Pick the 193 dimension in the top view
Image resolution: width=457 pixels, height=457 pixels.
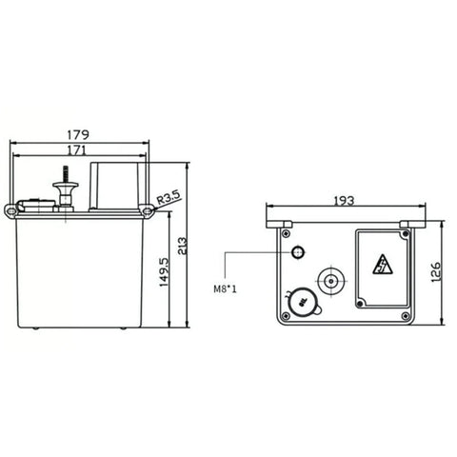[x=345, y=201]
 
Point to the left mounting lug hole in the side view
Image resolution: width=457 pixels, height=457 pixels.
[x=12, y=209]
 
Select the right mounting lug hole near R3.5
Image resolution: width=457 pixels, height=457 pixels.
[x=149, y=209]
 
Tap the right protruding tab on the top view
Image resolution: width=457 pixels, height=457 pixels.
[x=407, y=224]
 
